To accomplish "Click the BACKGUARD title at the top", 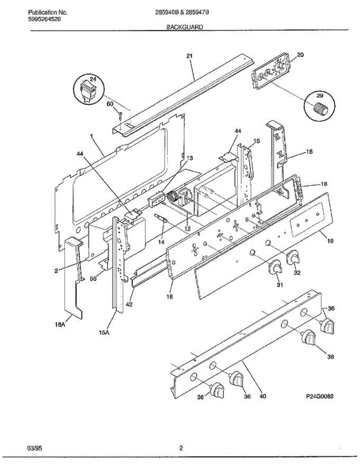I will (184, 27).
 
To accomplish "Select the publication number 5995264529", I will (44, 19).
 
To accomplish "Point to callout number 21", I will (189, 56).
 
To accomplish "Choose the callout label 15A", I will (103, 332).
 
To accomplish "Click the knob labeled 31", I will (276, 268).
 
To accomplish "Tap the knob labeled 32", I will (293, 258).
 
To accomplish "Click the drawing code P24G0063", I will (320, 396).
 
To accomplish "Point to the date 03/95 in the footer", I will (35, 448).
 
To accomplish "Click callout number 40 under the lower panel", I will (263, 396).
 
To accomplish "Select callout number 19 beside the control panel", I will (330, 241).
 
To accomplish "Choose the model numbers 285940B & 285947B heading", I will (182, 12).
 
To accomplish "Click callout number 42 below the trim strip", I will (129, 304).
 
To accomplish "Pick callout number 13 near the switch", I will (190, 158).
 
